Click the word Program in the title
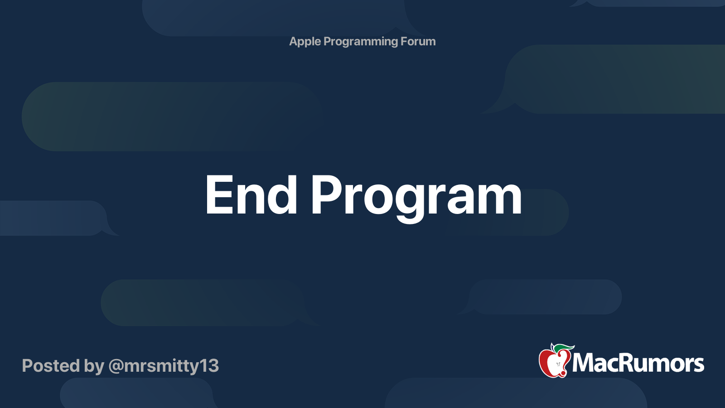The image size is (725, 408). pos(416,199)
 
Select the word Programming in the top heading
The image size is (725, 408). pos(361,42)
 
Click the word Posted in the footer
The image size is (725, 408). pos(51,365)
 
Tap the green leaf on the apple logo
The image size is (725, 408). pos(564,348)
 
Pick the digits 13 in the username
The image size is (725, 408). pos(208,366)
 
